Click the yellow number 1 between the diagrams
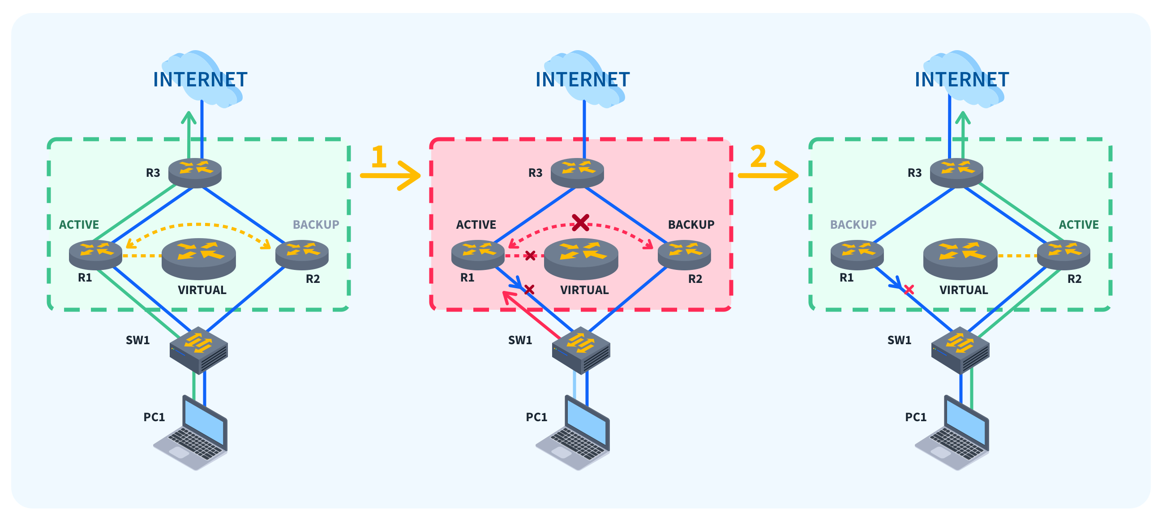(378, 157)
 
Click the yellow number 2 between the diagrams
(758, 156)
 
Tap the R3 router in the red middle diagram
(577, 172)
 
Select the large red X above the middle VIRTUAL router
(580, 222)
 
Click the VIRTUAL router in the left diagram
(198, 258)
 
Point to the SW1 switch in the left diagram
(198, 350)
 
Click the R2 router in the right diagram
(1063, 254)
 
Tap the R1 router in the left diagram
(95, 254)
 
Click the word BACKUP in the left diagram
(316, 225)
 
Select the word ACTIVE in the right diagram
(1078, 225)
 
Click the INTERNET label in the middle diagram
(583, 80)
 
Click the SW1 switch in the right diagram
(960, 350)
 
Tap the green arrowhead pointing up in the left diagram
(189, 117)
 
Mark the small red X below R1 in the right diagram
(909, 290)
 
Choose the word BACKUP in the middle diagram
(690, 225)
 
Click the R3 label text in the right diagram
(914, 173)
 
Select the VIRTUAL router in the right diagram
(960, 258)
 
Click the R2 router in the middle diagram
(684, 254)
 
